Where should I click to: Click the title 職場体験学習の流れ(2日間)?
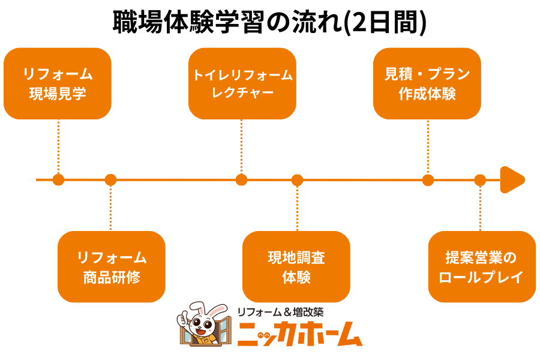(269, 22)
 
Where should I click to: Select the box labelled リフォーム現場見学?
(58, 83)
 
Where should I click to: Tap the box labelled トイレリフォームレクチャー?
(242, 83)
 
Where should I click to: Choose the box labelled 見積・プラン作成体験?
(427, 83)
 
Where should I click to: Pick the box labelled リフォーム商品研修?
(112, 266)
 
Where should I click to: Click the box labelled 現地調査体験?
(296, 266)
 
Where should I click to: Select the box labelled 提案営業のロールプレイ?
(482, 266)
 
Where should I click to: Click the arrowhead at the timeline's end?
(512, 179)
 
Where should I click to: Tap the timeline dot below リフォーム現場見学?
(58, 179)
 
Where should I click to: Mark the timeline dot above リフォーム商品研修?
(110, 179)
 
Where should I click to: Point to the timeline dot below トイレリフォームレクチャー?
(241, 179)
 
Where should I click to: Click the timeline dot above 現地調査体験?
(297, 179)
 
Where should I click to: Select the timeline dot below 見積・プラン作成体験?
(428, 179)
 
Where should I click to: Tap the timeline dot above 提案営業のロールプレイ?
(480, 179)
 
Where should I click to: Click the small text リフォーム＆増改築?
(280, 312)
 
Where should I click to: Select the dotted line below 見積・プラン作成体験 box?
(428, 147)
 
